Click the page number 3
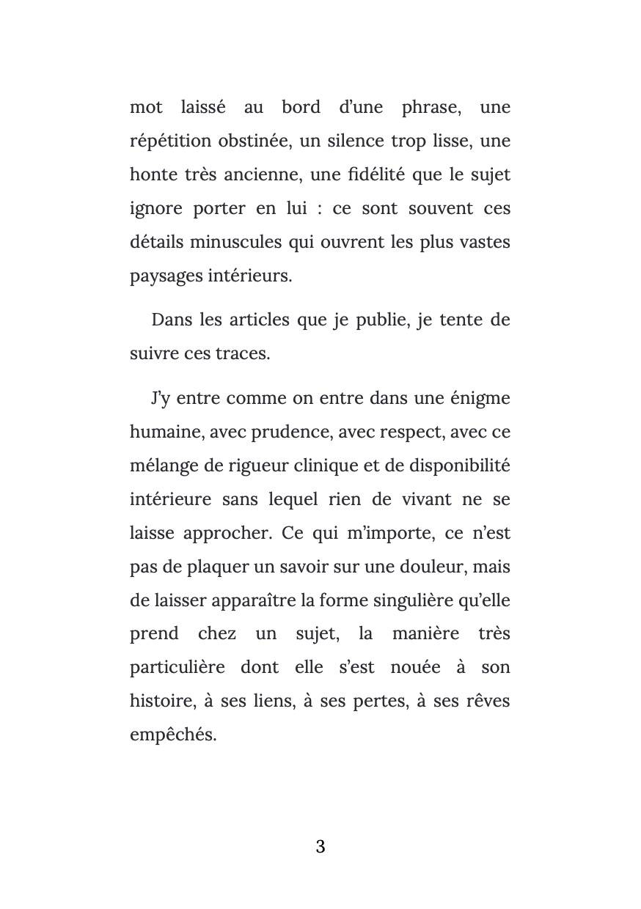click(320, 847)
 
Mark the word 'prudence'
click(291, 433)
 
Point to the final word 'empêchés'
click(172, 735)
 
